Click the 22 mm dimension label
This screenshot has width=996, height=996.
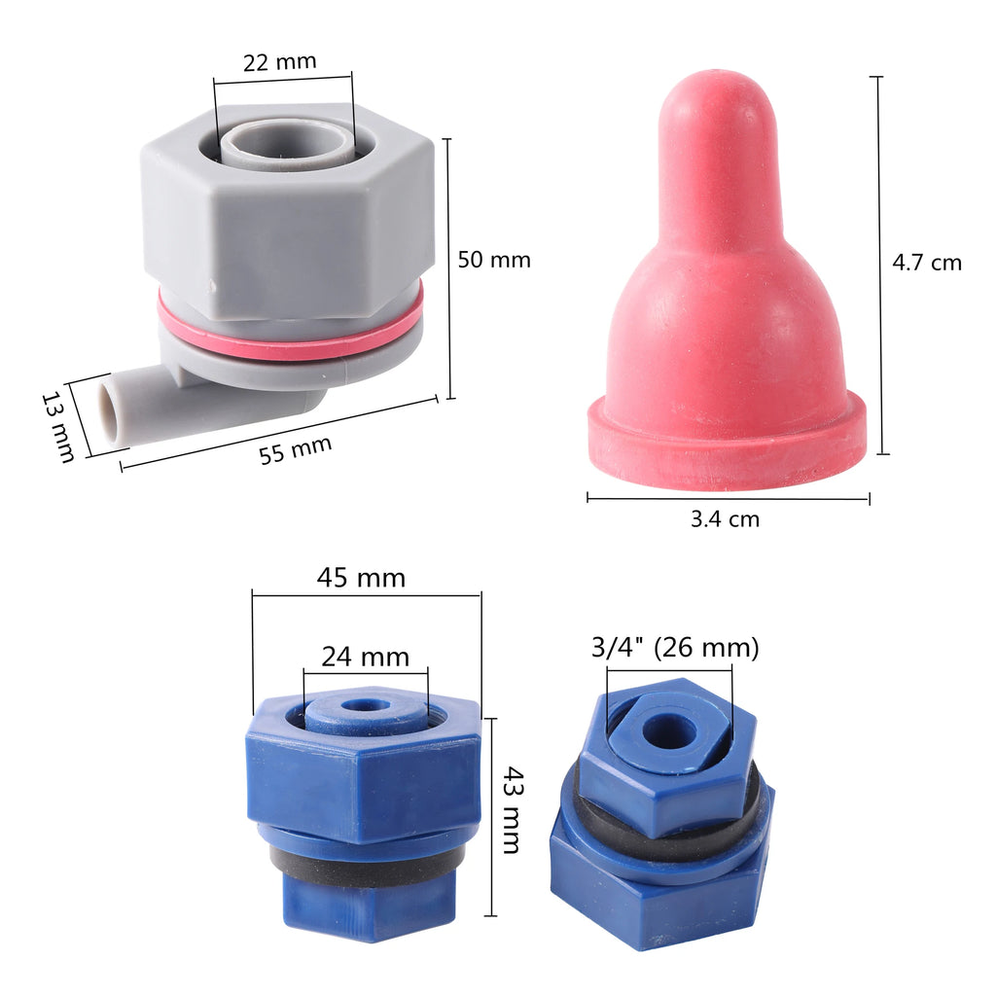coord(279,61)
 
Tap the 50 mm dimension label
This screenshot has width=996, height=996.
coord(494,260)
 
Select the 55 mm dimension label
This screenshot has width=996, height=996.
coord(296,450)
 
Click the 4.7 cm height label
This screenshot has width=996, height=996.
coord(926,262)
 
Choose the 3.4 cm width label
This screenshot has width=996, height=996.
coord(725,519)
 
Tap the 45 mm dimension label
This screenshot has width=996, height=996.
coord(361,578)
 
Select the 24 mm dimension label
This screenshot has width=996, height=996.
coord(365,657)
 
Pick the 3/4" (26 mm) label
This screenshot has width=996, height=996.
coord(675,647)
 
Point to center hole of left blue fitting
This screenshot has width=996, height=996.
coord(365,703)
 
